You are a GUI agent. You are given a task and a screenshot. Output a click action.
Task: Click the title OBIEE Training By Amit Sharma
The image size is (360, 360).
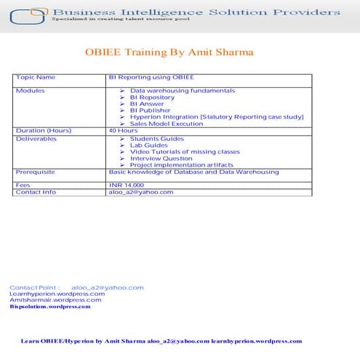click(x=169, y=53)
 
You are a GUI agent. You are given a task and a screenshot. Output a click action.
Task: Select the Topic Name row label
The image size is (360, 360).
click(x=36, y=77)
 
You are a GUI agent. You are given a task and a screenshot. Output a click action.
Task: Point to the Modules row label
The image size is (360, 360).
click(x=30, y=90)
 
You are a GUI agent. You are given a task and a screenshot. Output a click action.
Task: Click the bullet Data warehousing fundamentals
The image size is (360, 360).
click(x=183, y=90)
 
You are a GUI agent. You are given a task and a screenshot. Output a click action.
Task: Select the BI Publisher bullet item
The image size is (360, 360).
click(x=151, y=110)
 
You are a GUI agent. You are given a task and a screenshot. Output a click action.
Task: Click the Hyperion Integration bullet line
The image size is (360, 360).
click(x=217, y=116)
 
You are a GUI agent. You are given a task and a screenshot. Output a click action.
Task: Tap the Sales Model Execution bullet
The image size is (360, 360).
click(x=167, y=124)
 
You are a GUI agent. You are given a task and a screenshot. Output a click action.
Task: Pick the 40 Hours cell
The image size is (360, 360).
click(x=123, y=130)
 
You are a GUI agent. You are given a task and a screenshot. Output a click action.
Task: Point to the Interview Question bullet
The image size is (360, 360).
click(x=161, y=158)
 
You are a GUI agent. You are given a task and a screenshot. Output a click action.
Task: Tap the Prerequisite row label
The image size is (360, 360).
click(x=35, y=172)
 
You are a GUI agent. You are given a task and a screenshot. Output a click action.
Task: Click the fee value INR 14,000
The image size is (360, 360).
click(x=127, y=185)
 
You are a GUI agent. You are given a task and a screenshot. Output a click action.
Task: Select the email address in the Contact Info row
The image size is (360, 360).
click(x=141, y=192)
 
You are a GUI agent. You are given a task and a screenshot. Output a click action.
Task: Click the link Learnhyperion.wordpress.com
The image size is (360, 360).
click(x=52, y=294)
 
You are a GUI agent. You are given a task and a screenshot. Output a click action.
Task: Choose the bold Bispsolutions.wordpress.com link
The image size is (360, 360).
click(x=50, y=306)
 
